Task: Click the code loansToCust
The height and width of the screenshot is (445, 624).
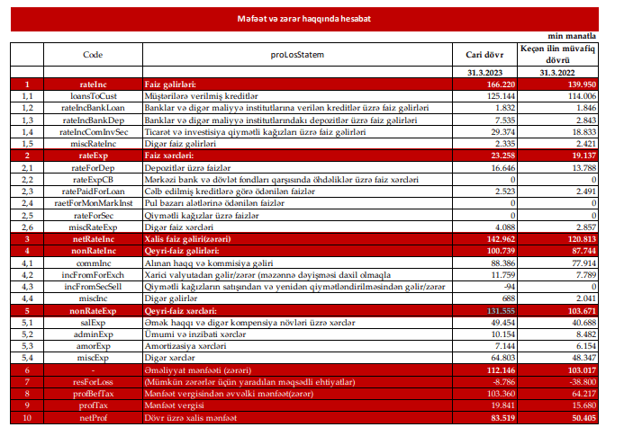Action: coord(93,95)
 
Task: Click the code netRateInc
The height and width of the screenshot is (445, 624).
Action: coord(93,239)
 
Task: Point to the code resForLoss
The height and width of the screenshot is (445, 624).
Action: coord(93,381)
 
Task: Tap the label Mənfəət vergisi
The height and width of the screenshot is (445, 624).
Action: coord(180,405)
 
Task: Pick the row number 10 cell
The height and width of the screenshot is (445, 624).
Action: coord(27,417)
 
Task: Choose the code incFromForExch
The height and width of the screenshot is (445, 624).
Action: coord(93,274)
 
